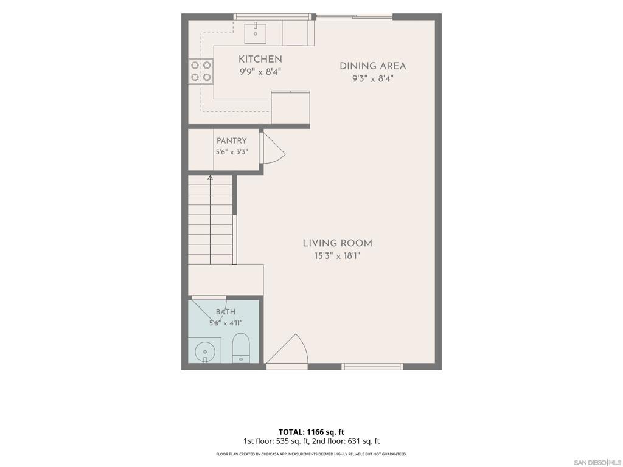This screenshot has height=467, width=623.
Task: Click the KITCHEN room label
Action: point(260,59)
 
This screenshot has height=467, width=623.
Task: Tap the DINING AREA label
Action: point(373,66)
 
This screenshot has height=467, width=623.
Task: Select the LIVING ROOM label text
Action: point(337,243)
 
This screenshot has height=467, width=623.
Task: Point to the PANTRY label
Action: point(232,140)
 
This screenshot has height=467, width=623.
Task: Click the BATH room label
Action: point(226,312)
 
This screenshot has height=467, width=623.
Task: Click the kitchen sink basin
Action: point(255,33)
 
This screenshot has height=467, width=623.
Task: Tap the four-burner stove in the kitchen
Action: point(201,71)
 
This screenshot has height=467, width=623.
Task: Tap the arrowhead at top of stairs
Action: point(210,178)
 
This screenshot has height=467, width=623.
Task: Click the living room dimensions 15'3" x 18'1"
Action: point(337,256)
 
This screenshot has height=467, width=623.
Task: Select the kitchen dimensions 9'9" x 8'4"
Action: point(260,72)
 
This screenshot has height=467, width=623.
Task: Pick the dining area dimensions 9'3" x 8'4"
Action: point(373,78)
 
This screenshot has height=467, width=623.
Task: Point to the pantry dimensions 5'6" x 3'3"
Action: point(232,152)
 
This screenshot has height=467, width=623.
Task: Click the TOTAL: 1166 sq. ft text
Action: point(311,432)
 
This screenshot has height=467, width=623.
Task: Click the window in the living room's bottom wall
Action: point(372,367)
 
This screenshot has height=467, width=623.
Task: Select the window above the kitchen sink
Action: point(272,16)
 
